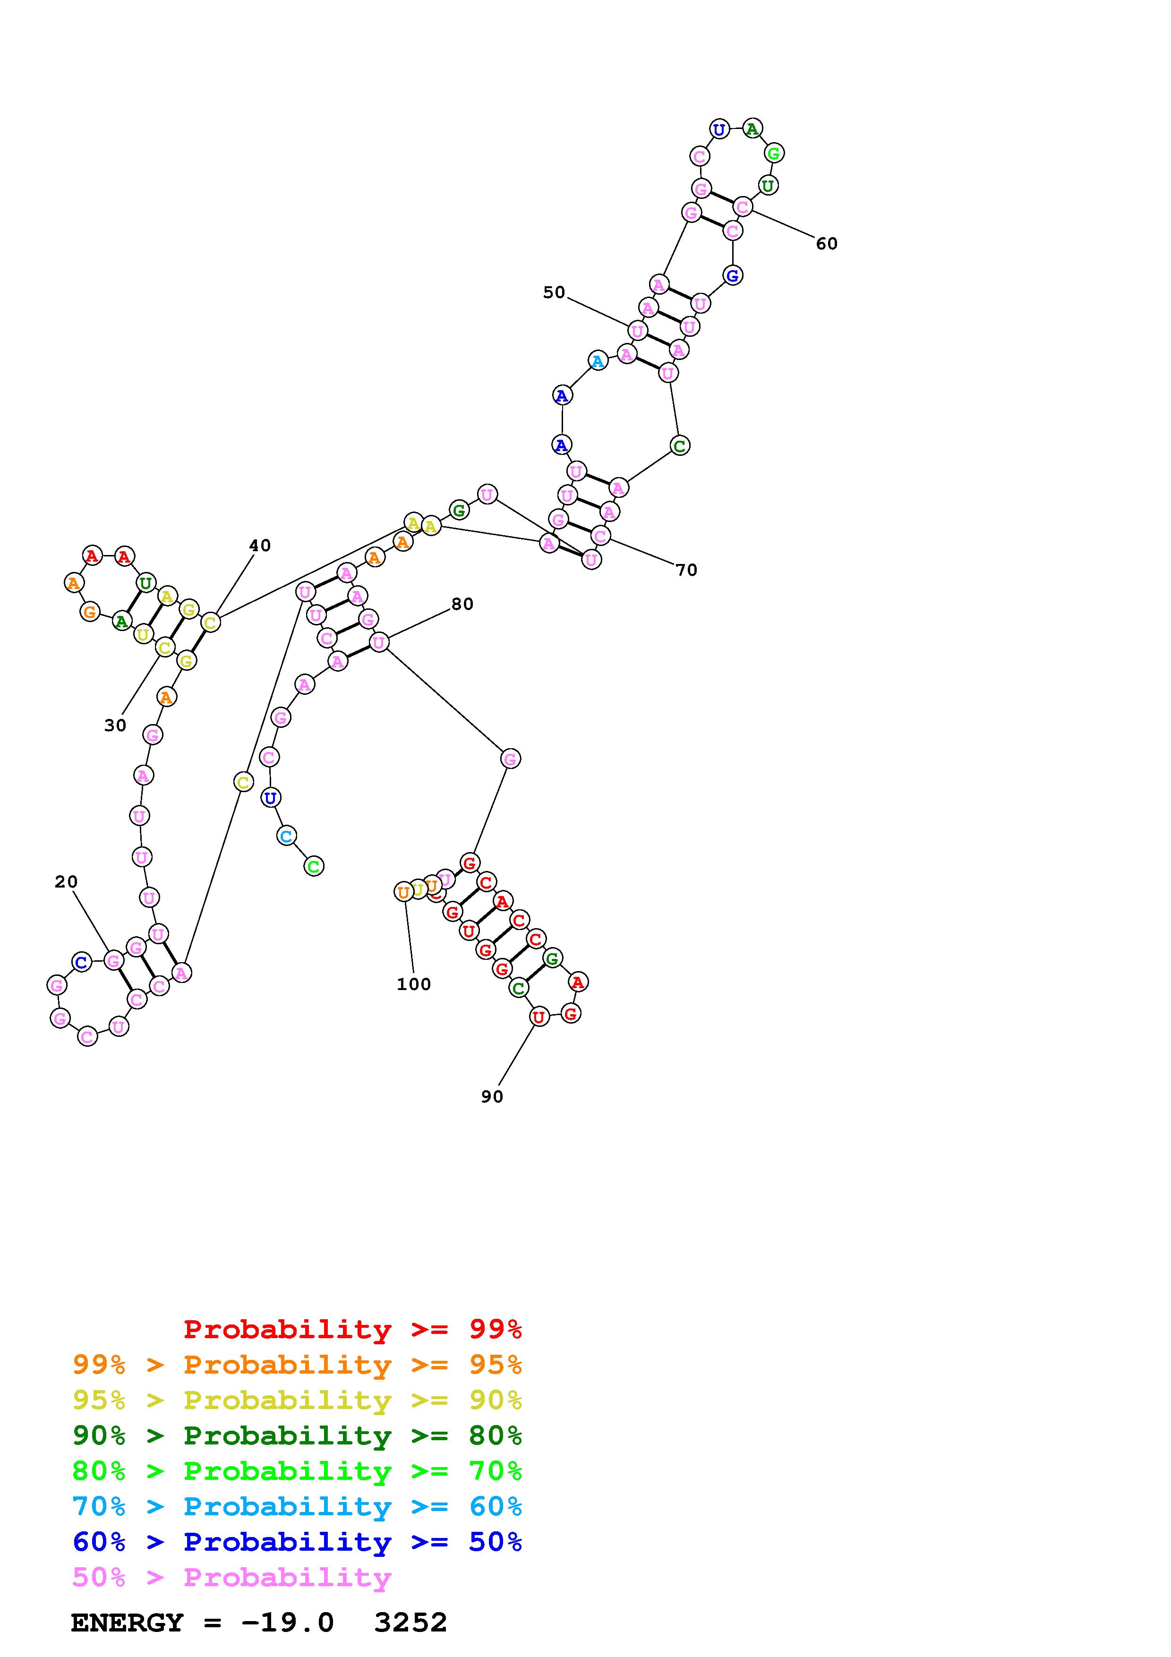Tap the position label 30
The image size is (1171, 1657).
tap(115, 726)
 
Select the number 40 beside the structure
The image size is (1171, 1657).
tap(260, 546)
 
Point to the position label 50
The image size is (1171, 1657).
tap(554, 292)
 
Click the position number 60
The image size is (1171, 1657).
tap(826, 244)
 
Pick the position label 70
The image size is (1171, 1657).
tap(686, 570)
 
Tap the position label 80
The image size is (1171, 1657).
tap(462, 604)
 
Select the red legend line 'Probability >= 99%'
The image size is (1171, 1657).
tap(352, 1329)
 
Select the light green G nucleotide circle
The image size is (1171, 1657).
tap(773, 153)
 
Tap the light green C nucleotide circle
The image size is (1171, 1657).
tap(313, 866)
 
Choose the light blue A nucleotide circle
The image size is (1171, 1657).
tap(598, 361)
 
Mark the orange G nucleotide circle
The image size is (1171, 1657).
tap(89, 612)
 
